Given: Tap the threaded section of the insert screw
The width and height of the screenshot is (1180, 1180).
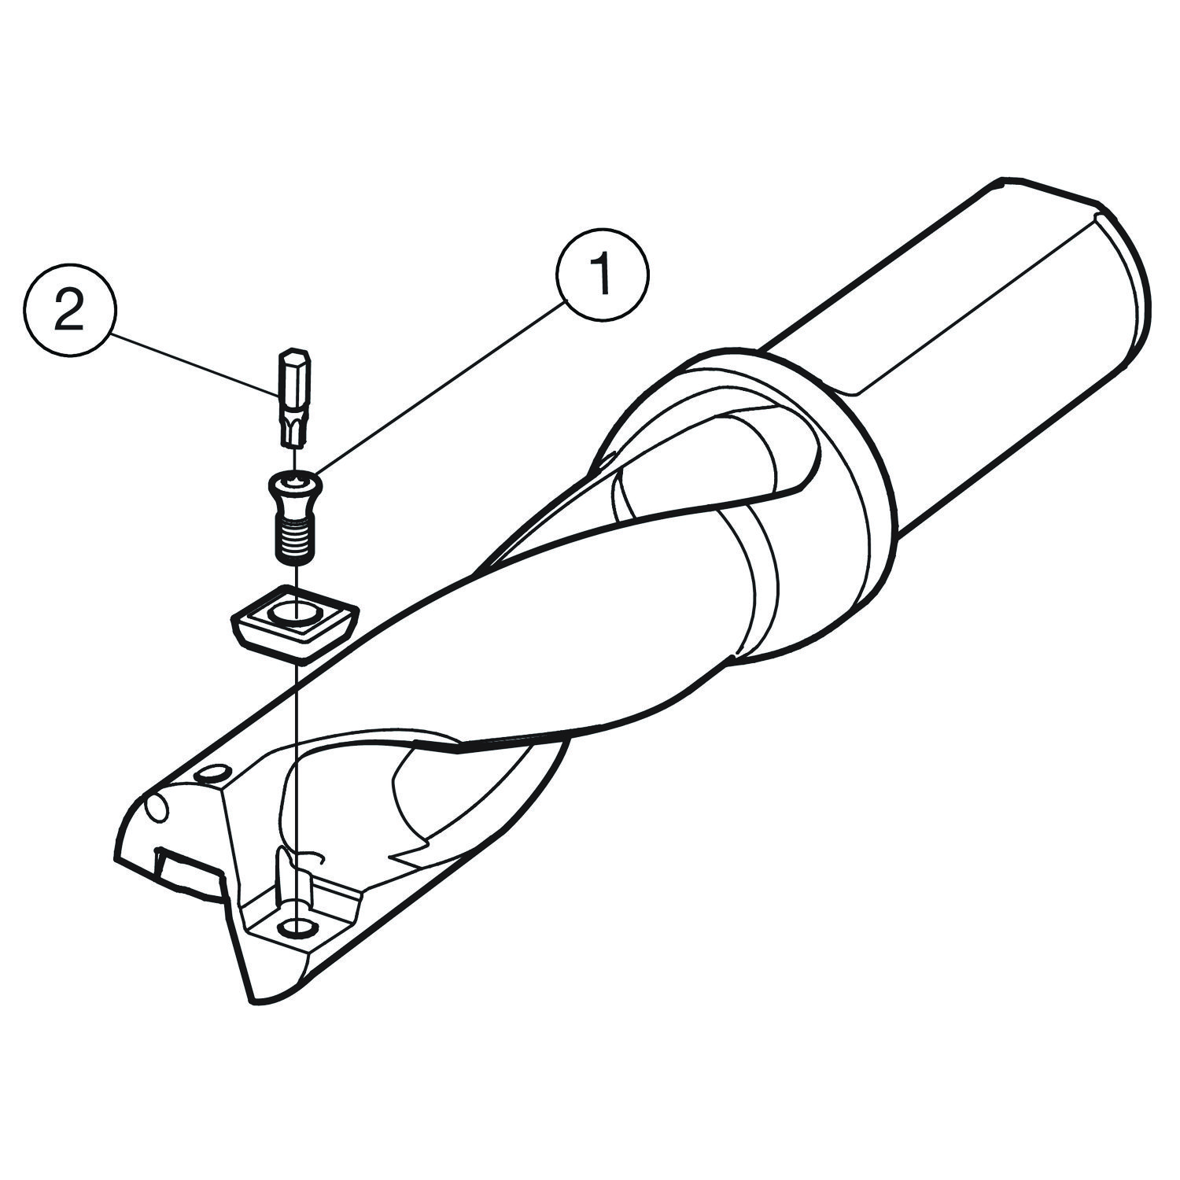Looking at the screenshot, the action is pos(294,540).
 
